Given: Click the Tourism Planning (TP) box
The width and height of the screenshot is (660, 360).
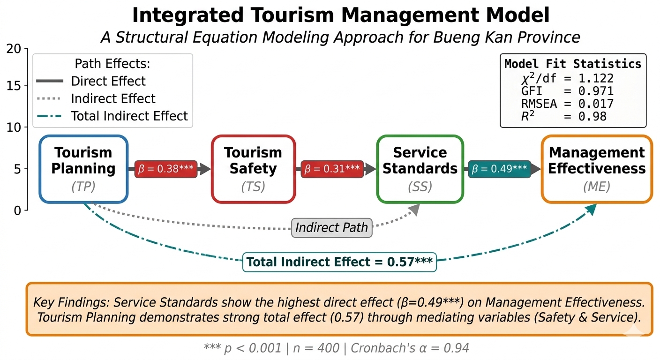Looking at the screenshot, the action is (83, 169).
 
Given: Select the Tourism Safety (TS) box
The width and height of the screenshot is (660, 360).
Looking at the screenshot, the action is (253, 169).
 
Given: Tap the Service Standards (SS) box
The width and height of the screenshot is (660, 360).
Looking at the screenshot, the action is (420, 169).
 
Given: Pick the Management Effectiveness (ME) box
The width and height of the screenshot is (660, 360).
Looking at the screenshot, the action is (597, 169).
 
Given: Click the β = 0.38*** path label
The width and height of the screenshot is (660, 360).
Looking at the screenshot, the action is (166, 169).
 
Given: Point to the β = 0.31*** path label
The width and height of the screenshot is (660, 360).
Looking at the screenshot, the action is (332, 169).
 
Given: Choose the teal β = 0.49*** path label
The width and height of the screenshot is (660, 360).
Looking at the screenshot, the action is (499, 169).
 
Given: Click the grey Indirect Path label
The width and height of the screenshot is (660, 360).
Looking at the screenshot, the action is (332, 227).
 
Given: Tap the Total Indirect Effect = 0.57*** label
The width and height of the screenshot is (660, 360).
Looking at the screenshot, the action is (339, 262).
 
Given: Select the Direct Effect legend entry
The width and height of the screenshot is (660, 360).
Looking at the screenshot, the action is (91, 81).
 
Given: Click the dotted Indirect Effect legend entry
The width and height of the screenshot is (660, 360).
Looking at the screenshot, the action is (96, 98).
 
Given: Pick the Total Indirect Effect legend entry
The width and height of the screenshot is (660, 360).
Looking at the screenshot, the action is (112, 116).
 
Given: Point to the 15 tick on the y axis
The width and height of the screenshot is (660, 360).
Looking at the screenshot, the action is (26, 85).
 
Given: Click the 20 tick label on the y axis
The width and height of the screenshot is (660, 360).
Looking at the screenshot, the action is (14, 49).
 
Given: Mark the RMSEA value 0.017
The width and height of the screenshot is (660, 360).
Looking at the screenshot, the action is (596, 104).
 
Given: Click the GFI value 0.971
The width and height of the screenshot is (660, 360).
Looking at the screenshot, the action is (596, 91).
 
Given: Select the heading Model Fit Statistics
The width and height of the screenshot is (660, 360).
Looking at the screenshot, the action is (573, 64).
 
